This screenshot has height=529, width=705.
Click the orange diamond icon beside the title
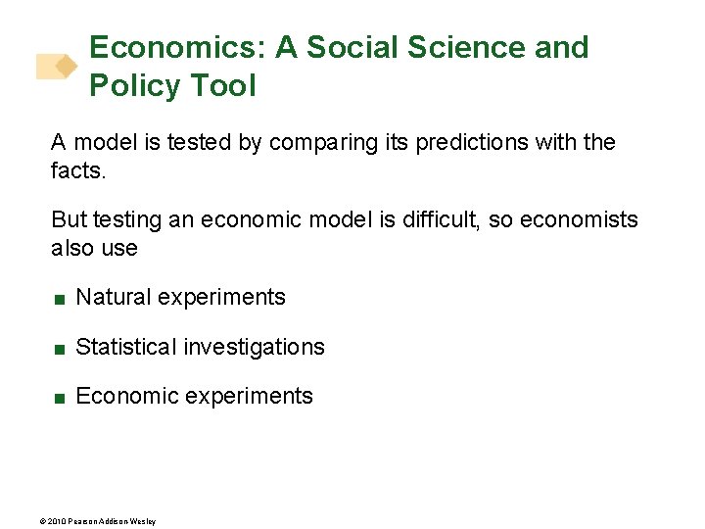click(65, 67)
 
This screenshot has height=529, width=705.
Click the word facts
click(77, 171)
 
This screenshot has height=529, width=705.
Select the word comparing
click(318, 143)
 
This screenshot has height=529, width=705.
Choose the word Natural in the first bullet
click(112, 298)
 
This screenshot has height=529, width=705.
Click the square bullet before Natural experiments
click(60, 299)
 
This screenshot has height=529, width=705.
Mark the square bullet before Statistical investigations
click(60, 349)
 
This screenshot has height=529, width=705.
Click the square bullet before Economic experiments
click(60, 398)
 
